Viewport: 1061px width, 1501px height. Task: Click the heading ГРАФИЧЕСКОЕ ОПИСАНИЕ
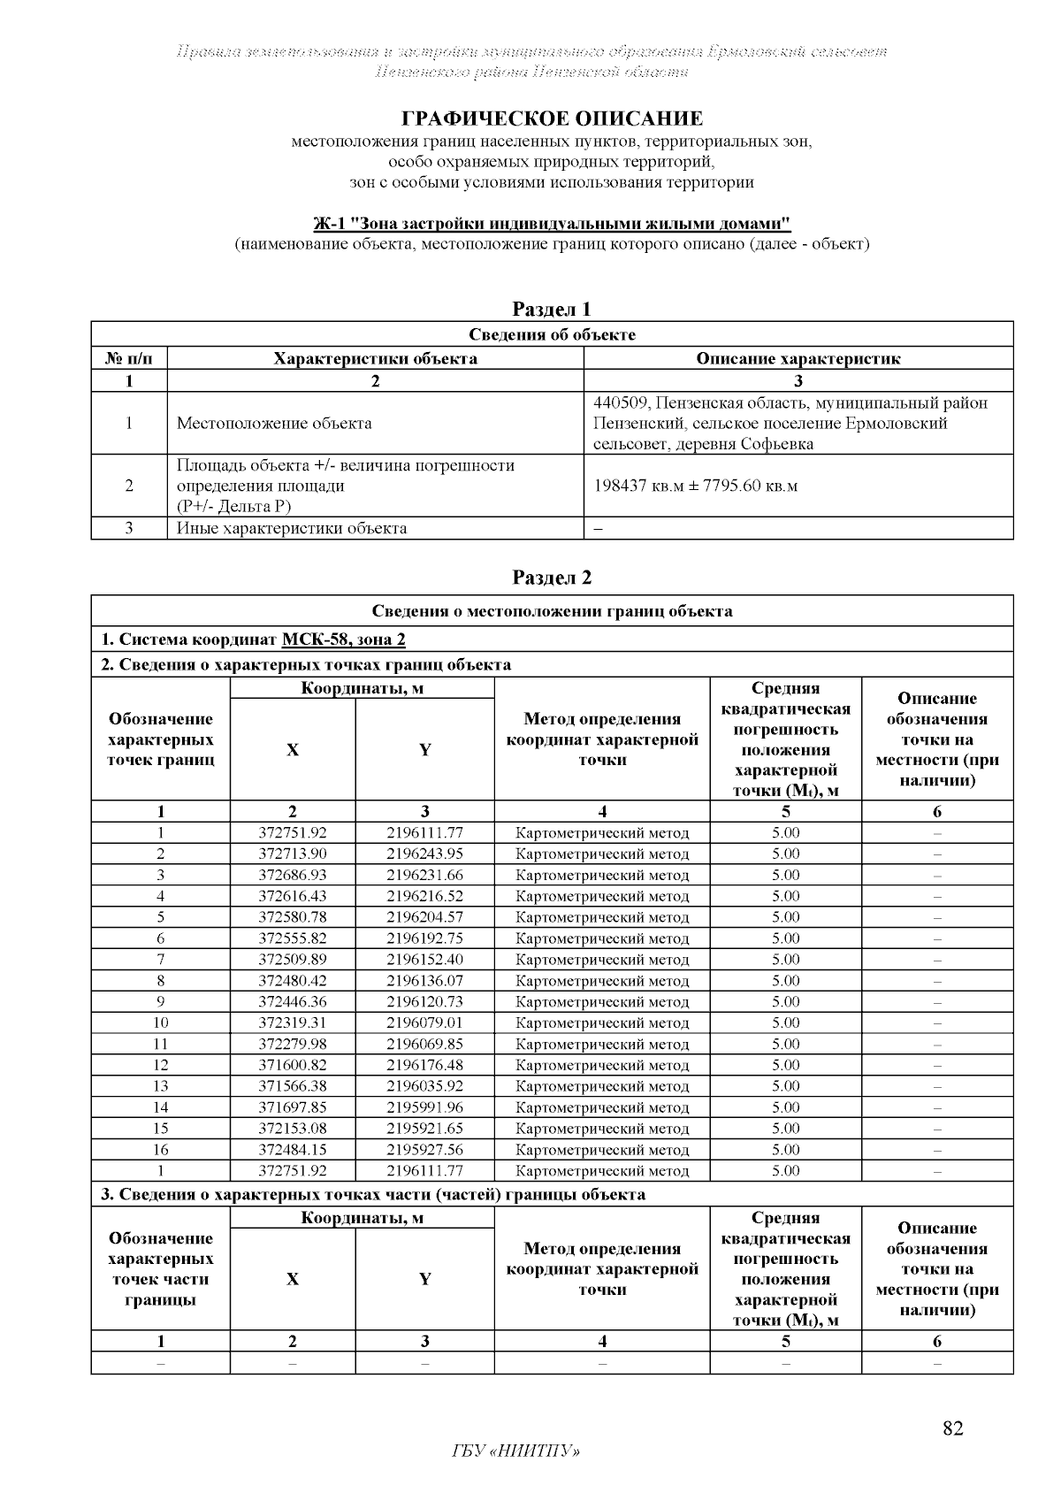[x=552, y=119]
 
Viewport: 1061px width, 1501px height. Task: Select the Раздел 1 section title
[x=552, y=309]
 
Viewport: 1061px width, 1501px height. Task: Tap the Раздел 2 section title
[x=552, y=578]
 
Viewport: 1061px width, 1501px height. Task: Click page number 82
[x=952, y=1428]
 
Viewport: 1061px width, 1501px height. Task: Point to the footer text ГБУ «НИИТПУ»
[x=515, y=1451]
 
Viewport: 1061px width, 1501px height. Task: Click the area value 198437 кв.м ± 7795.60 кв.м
[x=695, y=486]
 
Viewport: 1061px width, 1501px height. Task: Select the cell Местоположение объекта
[x=274, y=424]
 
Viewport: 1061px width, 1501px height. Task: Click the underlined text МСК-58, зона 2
[x=343, y=639]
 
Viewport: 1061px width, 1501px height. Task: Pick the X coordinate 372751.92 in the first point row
[x=293, y=833]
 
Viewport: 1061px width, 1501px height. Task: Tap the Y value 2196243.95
[x=424, y=854]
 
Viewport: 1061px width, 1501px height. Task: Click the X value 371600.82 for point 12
[x=293, y=1065]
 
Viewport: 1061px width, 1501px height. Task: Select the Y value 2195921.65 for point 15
[x=424, y=1129]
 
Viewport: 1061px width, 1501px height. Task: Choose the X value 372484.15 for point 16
[x=293, y=1150]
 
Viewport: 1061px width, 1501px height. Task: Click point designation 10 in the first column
[x=161, y=1022]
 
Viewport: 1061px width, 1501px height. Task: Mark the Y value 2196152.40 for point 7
[x=424, y=960]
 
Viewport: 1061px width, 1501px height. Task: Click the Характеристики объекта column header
[x=375, y=358]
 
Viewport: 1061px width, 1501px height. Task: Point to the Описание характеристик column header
[x=798, y=358]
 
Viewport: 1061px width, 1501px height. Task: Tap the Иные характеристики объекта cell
[x=292, y=529]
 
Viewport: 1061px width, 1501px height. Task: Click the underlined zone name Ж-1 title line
[x=552, y=223]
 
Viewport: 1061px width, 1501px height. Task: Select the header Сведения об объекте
[x=552, y=334]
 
